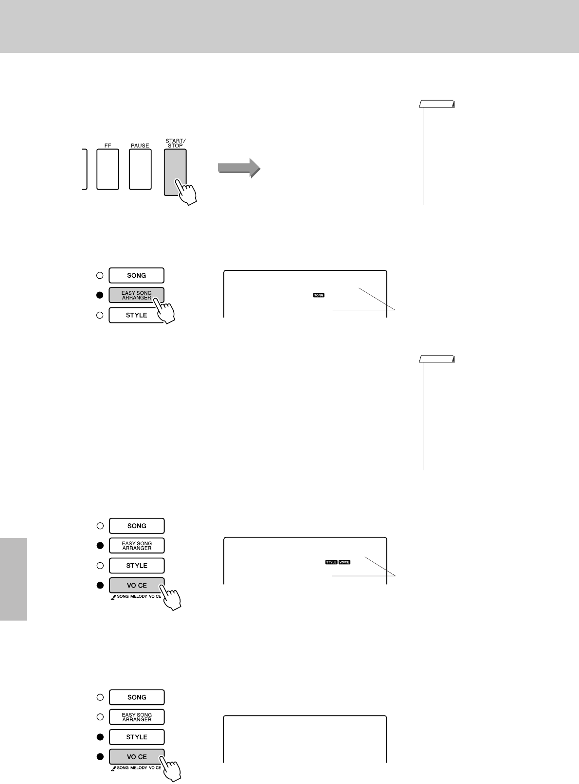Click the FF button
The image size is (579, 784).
108,169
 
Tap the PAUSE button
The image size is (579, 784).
140,169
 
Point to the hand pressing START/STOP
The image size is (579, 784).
186,192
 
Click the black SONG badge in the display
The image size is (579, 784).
319,295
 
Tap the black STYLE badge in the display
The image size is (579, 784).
331,562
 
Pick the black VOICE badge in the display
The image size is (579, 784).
344,562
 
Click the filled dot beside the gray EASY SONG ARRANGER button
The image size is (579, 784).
100,295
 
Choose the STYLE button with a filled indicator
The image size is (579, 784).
137,737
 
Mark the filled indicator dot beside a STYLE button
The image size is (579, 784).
100,737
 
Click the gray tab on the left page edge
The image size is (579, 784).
13,579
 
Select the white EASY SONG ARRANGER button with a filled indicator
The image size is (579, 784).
137,546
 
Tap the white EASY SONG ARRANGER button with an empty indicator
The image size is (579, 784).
137,717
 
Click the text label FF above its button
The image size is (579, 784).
108,145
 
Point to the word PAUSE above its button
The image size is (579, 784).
140,145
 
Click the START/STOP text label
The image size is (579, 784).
175,143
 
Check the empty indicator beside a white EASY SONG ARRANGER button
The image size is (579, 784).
100,717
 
